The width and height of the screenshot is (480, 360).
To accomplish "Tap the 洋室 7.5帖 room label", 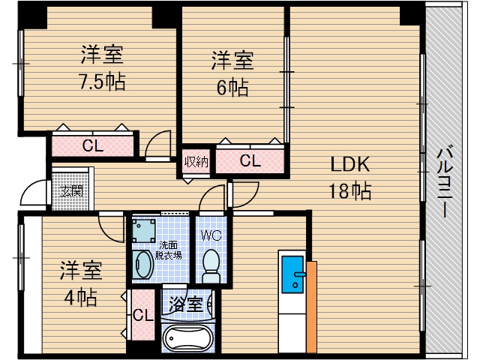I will click(102, 68).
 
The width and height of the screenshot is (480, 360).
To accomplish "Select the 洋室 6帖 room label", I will click(232, 73).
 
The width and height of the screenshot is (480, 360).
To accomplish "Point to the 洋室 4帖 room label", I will click(81, 283).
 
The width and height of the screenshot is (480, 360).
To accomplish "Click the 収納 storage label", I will click(196, 161).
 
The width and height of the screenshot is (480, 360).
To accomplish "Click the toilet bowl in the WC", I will click(211, 264).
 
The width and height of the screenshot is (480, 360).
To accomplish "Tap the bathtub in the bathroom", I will click(188, 339).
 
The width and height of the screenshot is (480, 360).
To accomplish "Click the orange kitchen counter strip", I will click(312, 307).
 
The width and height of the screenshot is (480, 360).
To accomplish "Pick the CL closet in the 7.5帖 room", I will click(93, 145).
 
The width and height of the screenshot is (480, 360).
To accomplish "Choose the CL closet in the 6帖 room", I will click(250, 160).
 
